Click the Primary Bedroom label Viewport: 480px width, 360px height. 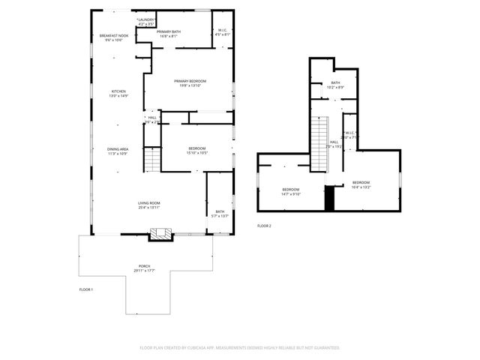(x=190, y=83)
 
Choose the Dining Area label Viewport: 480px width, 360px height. (x=118, y=151)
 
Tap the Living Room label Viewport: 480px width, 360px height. (x=148, y=205)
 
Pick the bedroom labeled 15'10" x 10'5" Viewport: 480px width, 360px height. (x=198, y=151)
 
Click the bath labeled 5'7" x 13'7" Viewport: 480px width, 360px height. (x=220, y=214)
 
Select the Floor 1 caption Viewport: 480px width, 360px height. (x=86, y=289)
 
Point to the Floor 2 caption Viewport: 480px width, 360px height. (x=264, y=226)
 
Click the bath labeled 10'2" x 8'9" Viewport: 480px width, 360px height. (x=335, y=85)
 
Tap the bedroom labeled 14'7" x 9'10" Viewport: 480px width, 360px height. (x=291, y=191)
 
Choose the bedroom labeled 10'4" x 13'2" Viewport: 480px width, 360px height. (x=361, y=184)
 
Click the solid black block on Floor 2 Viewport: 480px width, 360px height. (x=328, y=199)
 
